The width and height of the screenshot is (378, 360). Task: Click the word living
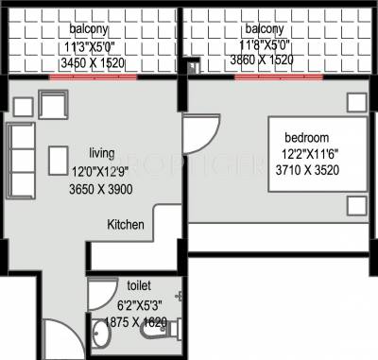tap(103, 152)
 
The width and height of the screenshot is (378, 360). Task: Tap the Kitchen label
tap(126, 225)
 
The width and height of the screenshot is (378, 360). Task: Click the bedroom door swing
tap(200, 134)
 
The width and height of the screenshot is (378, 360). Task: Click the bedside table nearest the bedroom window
tap(355, 100)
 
